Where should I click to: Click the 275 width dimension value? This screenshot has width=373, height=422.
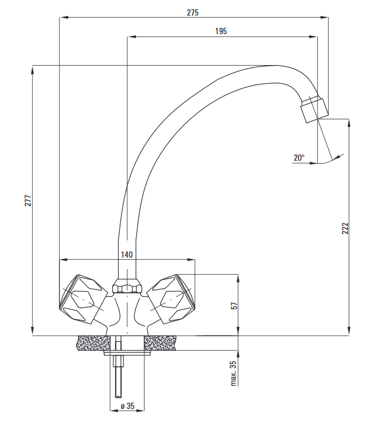[193, 12]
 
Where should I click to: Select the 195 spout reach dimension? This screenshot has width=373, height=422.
[221, 31]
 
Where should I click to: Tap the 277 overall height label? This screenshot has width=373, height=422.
[28, 200]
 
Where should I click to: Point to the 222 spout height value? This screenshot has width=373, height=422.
[345, 228]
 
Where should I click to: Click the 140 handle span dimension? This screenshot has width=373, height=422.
[127, 254]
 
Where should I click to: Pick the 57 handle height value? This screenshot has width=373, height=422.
[235, 306]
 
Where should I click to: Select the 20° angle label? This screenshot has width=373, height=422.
[299, 158]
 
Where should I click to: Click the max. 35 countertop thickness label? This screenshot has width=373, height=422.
[234, 373]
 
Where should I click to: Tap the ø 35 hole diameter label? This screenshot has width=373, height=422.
[128, 405]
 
